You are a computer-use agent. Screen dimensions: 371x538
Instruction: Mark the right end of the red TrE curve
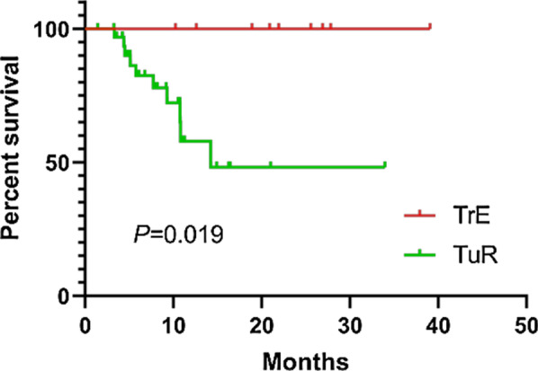430,28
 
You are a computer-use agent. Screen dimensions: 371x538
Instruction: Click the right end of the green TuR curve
384,166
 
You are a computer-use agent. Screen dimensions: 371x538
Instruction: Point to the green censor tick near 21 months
271,165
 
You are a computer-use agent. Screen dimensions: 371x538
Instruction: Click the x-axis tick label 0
85,322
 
